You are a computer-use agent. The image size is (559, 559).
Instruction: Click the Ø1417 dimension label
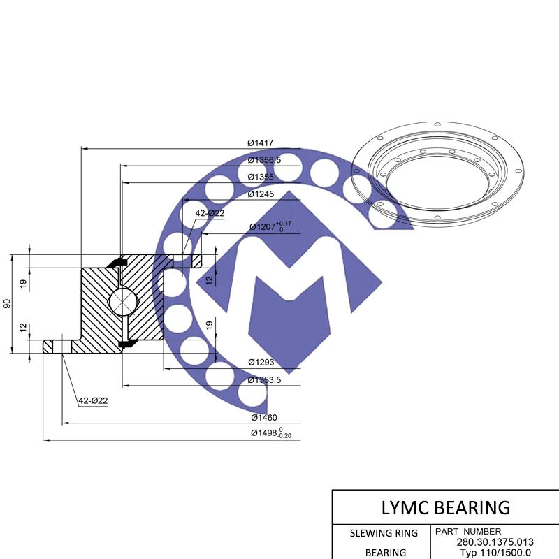260,143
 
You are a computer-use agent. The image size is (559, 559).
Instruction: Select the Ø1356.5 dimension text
264,160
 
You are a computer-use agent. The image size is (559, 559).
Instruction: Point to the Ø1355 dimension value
260,177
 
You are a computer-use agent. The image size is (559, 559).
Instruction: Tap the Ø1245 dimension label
260,194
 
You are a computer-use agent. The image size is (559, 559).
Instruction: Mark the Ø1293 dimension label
261,362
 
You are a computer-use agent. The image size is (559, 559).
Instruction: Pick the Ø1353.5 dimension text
266,379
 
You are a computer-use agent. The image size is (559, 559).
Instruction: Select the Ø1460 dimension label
264,417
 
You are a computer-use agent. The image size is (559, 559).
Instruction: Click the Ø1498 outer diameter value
263,433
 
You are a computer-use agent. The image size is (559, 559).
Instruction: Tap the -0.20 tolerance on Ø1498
284,436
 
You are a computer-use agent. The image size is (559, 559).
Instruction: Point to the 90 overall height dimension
7,304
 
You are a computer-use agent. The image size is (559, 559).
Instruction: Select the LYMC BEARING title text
445,507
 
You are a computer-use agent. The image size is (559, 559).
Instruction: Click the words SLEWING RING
384,533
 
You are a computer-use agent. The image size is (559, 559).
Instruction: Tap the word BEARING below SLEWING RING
385,552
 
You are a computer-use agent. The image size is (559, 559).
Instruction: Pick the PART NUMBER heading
467,531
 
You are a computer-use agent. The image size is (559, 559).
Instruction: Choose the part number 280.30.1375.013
495,542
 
